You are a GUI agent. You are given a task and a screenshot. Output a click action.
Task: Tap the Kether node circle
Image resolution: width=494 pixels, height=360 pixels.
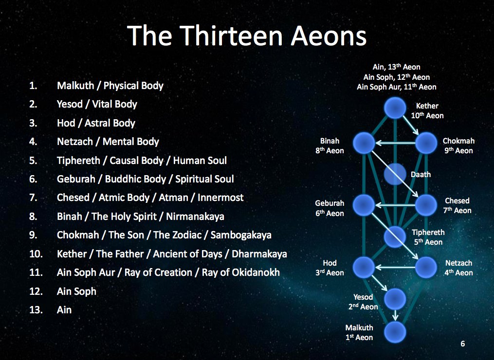pos(395,108)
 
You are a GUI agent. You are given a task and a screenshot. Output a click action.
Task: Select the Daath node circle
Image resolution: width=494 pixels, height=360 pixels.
pos(395,174)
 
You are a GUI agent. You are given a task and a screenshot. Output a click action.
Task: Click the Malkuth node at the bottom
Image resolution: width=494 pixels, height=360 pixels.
pos(395,332)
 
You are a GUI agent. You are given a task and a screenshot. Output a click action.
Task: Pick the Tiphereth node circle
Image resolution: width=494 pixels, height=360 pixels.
pos(395,237)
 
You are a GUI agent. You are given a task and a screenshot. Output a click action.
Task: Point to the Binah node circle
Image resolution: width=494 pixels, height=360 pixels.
pos(364,143)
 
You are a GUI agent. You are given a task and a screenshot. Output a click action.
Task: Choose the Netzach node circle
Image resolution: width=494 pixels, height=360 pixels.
pos(426,267)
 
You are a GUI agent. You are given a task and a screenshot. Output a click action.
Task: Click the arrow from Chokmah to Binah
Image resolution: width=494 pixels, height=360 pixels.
pos(395,143)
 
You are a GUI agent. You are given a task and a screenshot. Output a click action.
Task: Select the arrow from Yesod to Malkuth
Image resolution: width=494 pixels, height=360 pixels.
pos(395,315)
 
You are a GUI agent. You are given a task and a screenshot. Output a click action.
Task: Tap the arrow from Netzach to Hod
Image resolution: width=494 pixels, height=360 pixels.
pos(395,267)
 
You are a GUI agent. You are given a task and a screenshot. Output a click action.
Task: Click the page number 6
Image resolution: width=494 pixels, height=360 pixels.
pos(462,344)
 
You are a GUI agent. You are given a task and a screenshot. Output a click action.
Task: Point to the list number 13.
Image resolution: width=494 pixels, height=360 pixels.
pos(34,310)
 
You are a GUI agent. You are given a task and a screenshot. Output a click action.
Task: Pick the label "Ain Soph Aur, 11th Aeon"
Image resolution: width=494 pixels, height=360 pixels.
pos(396,87)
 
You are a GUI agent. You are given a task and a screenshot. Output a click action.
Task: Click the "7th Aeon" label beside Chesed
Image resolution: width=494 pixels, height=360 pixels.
pos(457,210)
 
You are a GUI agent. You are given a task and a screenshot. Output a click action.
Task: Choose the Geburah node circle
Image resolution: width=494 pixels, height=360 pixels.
pos(364,204)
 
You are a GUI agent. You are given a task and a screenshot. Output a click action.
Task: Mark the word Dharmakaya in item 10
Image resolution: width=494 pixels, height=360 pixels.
pos(259,254)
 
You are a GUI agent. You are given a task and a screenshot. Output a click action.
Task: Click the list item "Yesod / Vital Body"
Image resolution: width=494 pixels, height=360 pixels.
pos(97,104)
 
